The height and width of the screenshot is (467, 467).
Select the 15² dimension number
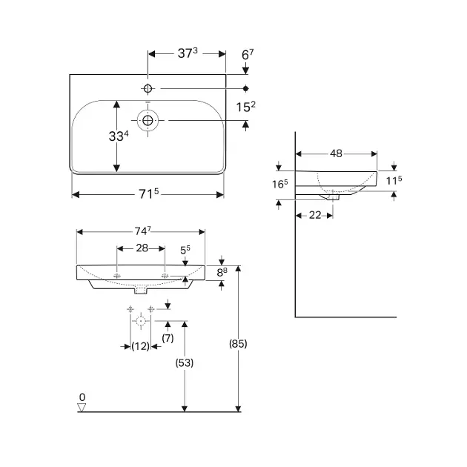pyautogui.click(x=246, y=107)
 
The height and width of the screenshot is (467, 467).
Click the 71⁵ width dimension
pyautogui.click(x=148, y=194)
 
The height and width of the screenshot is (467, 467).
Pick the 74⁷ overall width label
pyautogui.click(x=142, y=231)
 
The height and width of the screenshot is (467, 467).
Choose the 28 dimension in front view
pyautogui.click(x=142, y=248)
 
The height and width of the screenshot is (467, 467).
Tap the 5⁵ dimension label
pyautogui.click(x=185, y=251)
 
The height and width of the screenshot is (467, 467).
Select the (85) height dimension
pyautogui.click(x=238, y=343)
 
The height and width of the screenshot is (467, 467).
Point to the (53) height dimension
pyautogui.click(x=184, y=363)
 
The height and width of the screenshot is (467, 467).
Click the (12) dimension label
pyautogui.click(x=141, y=346)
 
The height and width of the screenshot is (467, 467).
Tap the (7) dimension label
pyautogui.click(x=168, y=338)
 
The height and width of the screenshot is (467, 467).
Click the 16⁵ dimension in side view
pyautogui.click(x=279, y=184)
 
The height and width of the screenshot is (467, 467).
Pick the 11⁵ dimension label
pyautogui.click(x=394, y=180)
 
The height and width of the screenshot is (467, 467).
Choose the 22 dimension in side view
pyautogui.click(x=314, y=214)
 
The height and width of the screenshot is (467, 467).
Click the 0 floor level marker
pyautogui.click(x=83, y=397)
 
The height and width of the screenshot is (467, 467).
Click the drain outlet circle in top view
pyautogui.click(x=148, y=120)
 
